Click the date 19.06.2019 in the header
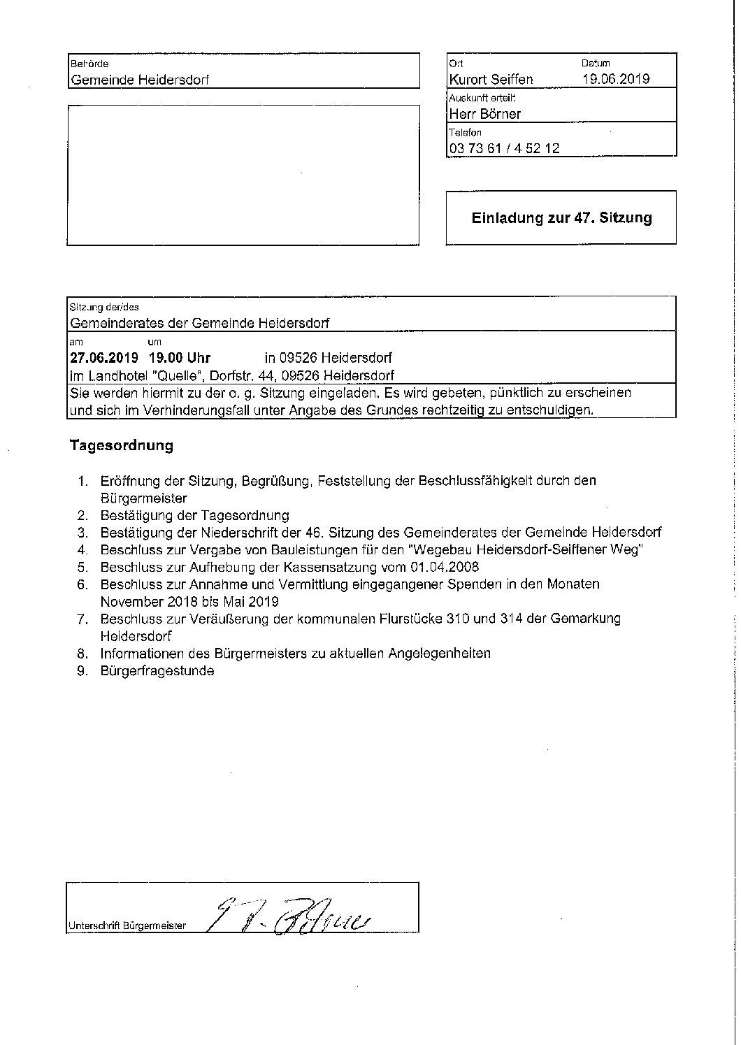pos(616,79)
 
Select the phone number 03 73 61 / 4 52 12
pos(504,148)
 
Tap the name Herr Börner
pos(485,114)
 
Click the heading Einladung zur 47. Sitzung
pos(561,217)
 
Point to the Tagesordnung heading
pos(122,445)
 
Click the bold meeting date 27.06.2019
pos(104,358)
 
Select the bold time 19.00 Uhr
pos(180,358)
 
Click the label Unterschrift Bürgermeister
pos(127,925)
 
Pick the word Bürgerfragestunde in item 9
pos(157,671)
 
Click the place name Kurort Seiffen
pos(491,79)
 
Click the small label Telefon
pos(465,133)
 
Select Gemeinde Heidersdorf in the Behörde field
pos(140,80)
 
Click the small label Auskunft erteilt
pos(482,99)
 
